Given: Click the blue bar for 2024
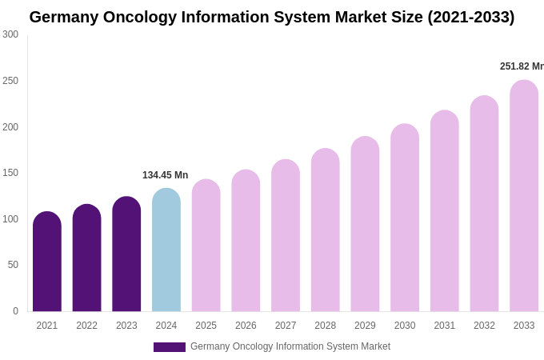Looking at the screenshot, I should [x=166, y=250].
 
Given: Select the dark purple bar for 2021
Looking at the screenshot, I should [x=47, y=262].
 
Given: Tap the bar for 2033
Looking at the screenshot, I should [x=524, y=196].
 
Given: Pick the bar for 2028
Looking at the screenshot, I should [x=326, y=230].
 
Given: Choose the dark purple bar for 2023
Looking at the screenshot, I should [x=126, y=254].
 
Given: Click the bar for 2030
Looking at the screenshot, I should [x=405, y=218].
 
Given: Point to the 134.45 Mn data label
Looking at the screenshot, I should [x=165, y=175].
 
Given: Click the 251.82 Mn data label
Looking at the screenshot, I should [x=521, y=66].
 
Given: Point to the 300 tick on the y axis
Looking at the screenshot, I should [x=10, y=34].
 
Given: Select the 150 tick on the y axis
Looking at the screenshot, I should [x=10, y=173].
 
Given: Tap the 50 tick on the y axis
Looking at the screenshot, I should [x=13, y=265].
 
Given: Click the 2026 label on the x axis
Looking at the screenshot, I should [x=246, y=326].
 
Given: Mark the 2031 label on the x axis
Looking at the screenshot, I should [x=445, y=326].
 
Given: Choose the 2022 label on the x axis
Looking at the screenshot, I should [x=86, y=326].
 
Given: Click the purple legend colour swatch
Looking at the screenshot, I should [x=170, y=347].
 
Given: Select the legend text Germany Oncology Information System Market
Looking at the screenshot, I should [x=290, y=346].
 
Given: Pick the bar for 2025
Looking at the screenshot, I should [x=206, y=246].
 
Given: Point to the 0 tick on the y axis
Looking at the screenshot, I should [x=15, y=311].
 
